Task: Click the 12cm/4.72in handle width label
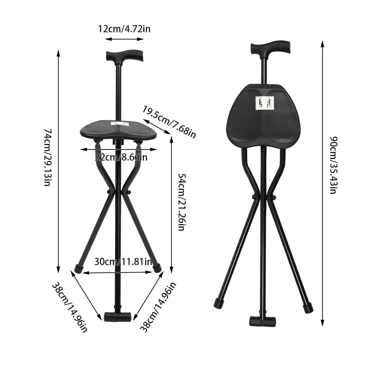[124, 29]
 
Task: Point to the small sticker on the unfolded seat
[120, 123]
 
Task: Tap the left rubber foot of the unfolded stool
[79, 268]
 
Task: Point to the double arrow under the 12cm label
[124, 39]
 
